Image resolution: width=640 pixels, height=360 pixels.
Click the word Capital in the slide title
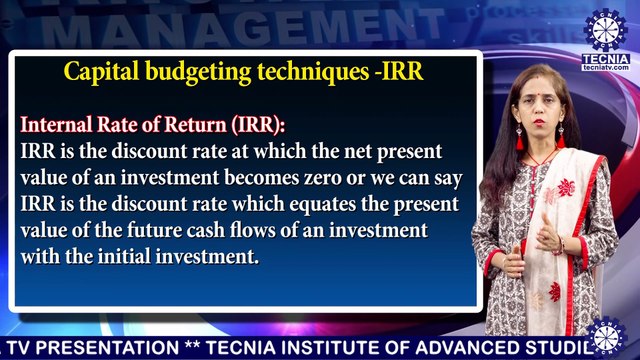[x=99, y=72]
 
